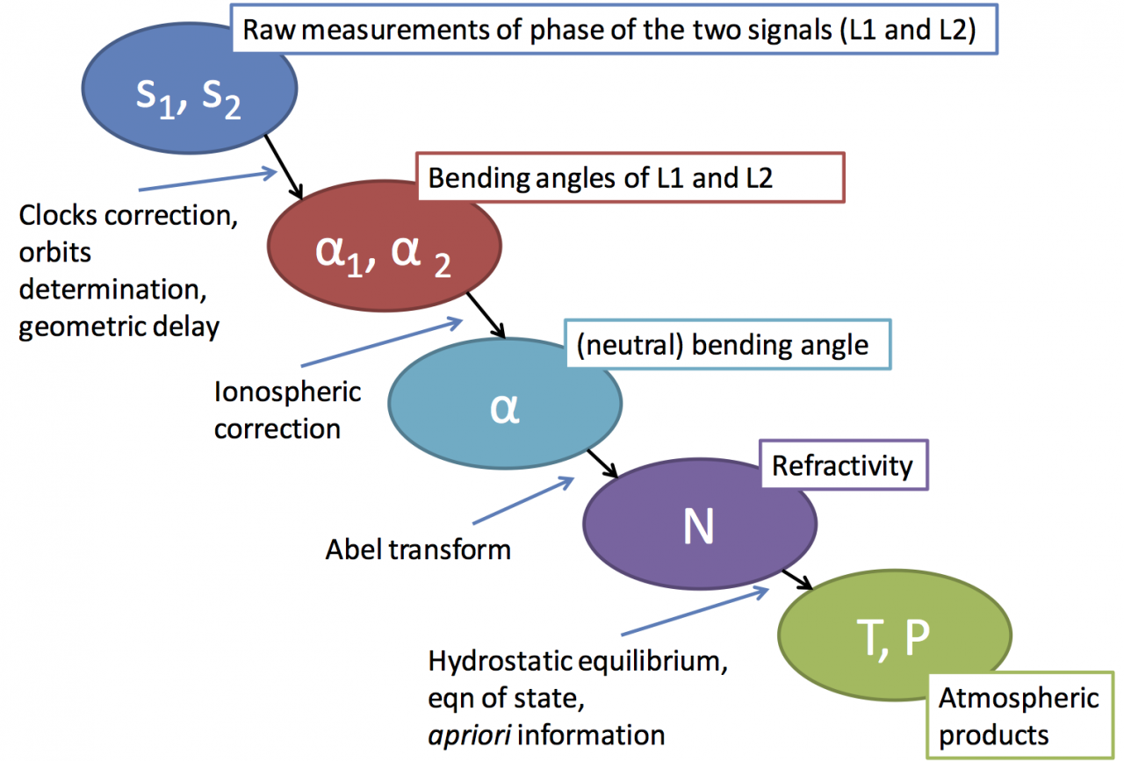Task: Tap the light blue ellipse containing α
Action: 506,409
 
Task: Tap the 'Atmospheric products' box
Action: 1017,716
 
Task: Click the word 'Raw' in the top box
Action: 268,31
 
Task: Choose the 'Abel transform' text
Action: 418,549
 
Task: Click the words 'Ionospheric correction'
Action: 287,409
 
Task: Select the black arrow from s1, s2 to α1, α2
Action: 284,164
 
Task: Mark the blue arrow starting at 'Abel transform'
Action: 523,508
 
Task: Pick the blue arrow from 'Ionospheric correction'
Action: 382,344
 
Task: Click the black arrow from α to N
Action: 603,462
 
